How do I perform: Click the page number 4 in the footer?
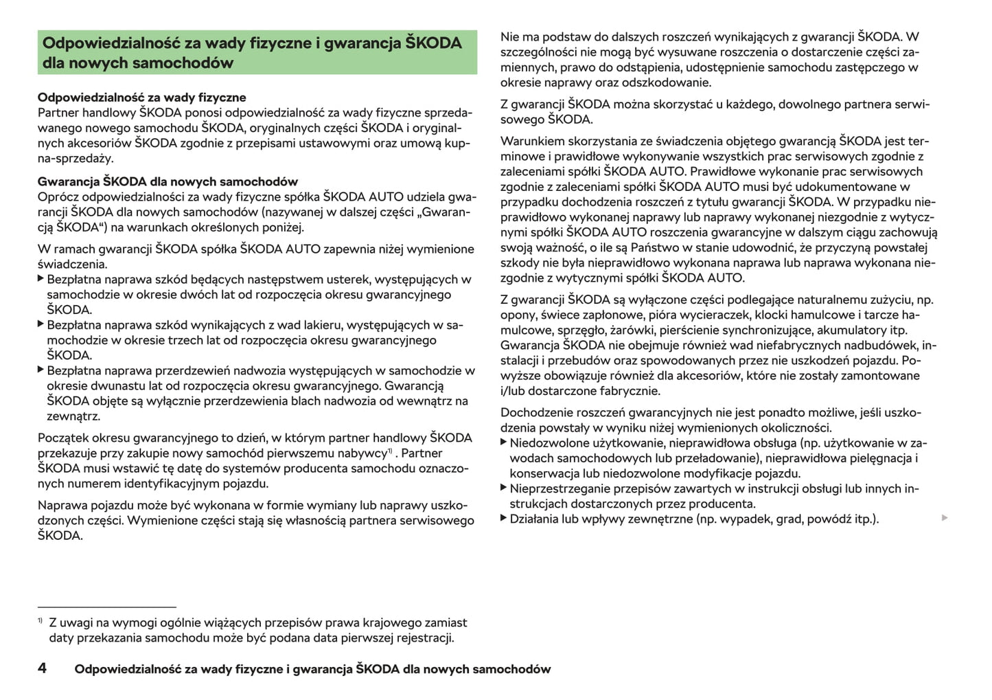[42, 668]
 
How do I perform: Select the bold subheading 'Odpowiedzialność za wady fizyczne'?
[141, 98]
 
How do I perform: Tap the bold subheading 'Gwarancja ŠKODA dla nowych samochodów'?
[168, 181]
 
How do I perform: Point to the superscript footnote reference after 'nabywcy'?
[389, 451]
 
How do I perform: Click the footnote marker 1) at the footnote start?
[41, 621]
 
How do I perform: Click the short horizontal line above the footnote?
[107, 607]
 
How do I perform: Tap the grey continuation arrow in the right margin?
[945, 517]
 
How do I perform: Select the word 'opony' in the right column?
[517, 315]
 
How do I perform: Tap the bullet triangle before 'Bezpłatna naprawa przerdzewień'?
[41, 370]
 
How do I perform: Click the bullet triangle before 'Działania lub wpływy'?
[504, 517]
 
